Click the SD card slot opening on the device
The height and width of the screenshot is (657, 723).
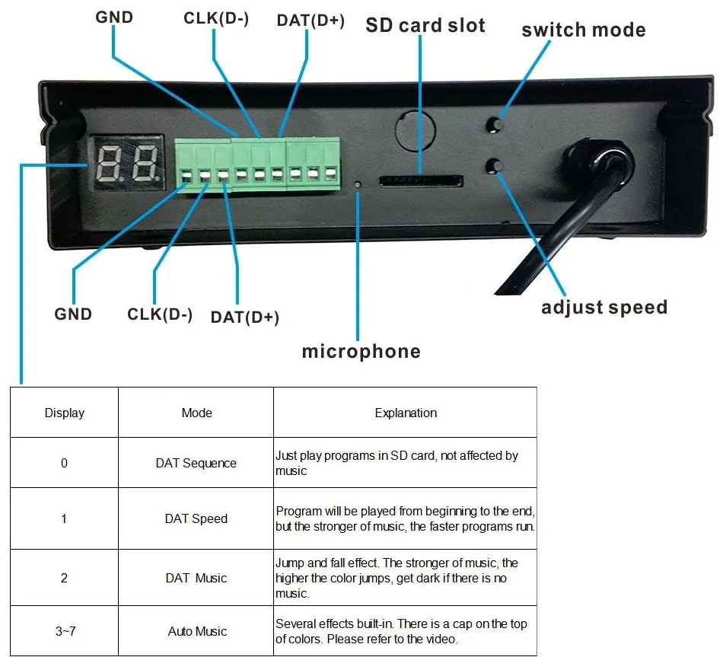[421, 181]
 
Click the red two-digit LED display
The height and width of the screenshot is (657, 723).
[128, 161]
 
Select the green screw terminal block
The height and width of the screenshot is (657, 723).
[257, 162]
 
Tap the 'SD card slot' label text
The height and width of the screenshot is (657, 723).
[425, 25]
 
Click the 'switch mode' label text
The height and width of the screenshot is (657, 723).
[583, 30]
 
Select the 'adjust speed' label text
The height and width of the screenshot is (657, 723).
[604, 308]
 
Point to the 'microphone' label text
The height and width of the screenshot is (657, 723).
[361, 351]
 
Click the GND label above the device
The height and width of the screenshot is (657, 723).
[114, 17]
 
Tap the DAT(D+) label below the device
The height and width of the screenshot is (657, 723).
[244, 317]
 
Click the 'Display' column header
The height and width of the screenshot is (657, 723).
[65, 413]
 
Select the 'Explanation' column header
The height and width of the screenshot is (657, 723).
[406, 413]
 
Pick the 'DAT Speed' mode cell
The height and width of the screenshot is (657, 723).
[196, 518]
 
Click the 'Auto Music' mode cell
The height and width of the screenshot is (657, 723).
[197, 631]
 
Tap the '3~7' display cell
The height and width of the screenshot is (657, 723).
[64, 631]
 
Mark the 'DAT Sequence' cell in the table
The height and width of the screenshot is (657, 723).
[196, 463]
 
